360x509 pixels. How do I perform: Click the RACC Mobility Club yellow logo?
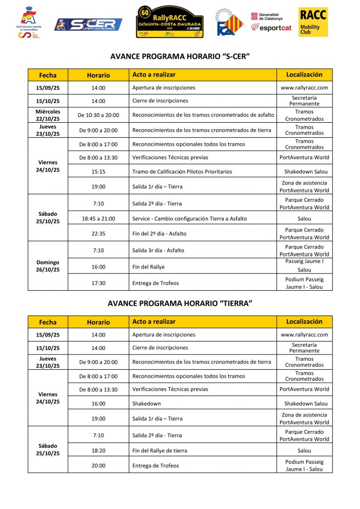click(x=313, y=22)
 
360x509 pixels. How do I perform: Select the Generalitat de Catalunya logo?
click(x=267, y=16)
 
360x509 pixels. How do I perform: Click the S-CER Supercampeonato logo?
click(x=89, y=24)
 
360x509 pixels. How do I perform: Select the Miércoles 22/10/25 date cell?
click(x=48, y=115)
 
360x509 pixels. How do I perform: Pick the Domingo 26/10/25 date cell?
click(x=48, y=266)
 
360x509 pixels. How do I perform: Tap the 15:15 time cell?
click(x=98, y=171)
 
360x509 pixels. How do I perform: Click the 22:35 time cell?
click(x=98, y=234)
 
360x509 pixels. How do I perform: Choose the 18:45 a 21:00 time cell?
click(x=98, y=219)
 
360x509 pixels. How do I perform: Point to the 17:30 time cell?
click(x=98, y=283)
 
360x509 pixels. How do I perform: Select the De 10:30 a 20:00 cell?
click(x=98, y=115)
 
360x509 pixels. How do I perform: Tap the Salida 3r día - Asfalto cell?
click(x=159, y=251)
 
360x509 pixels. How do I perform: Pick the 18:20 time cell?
click(x=98, y=450)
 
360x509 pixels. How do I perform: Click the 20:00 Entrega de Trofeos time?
click(x=98, y=466)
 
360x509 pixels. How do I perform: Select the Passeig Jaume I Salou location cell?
click(x=304, y=266)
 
